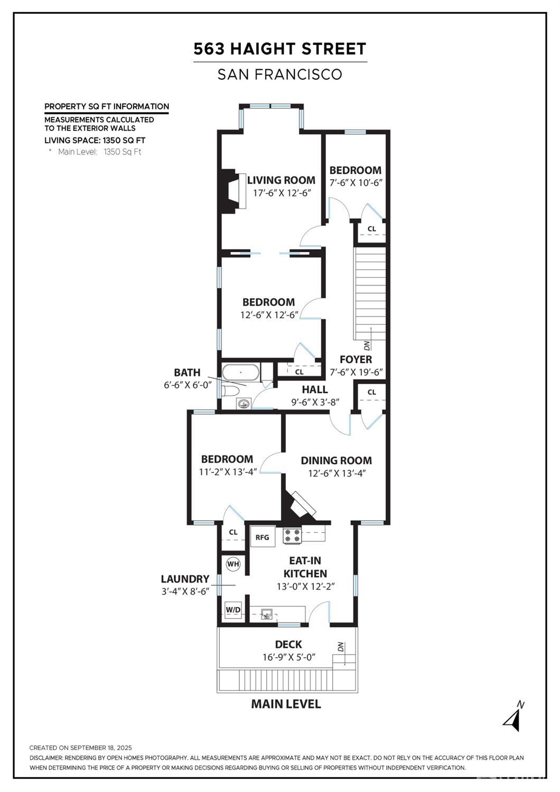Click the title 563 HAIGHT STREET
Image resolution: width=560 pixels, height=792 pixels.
pos(280,49)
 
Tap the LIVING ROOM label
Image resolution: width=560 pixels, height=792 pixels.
pos(281,180)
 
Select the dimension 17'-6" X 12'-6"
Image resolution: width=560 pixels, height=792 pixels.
pos(282,193)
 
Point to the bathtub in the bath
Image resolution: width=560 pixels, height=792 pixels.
pos(240,372)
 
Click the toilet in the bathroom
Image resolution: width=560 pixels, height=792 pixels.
pos(230,391)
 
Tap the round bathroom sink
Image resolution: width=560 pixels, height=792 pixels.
pos(244,403)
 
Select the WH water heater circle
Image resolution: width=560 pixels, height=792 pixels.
pos(233,564)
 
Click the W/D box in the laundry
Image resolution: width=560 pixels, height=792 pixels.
pos(233,610)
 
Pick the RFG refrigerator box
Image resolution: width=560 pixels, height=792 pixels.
pos(263,537)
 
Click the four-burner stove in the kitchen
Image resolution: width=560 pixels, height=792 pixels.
pos(292,535)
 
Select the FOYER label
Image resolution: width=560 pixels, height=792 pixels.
pos(356,360)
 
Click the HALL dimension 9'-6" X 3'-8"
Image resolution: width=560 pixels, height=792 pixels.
pos(315,402)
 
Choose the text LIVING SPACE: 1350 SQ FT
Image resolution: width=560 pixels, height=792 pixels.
pos(95,140)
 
